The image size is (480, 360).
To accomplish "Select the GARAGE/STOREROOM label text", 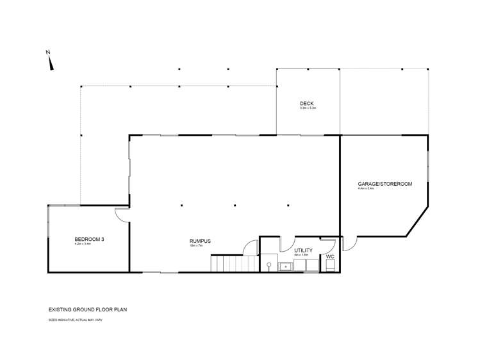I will [385, 184].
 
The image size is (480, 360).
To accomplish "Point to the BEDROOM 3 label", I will [85, 240].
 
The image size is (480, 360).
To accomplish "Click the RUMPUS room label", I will [200, 241].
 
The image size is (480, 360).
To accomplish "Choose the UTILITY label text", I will [303, 250].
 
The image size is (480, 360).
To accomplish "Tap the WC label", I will [330, 257].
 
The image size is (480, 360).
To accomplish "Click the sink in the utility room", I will [286, 265].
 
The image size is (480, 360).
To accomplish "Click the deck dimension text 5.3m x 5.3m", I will [308, 108].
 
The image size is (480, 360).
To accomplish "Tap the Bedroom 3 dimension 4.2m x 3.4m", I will [83, 244].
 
